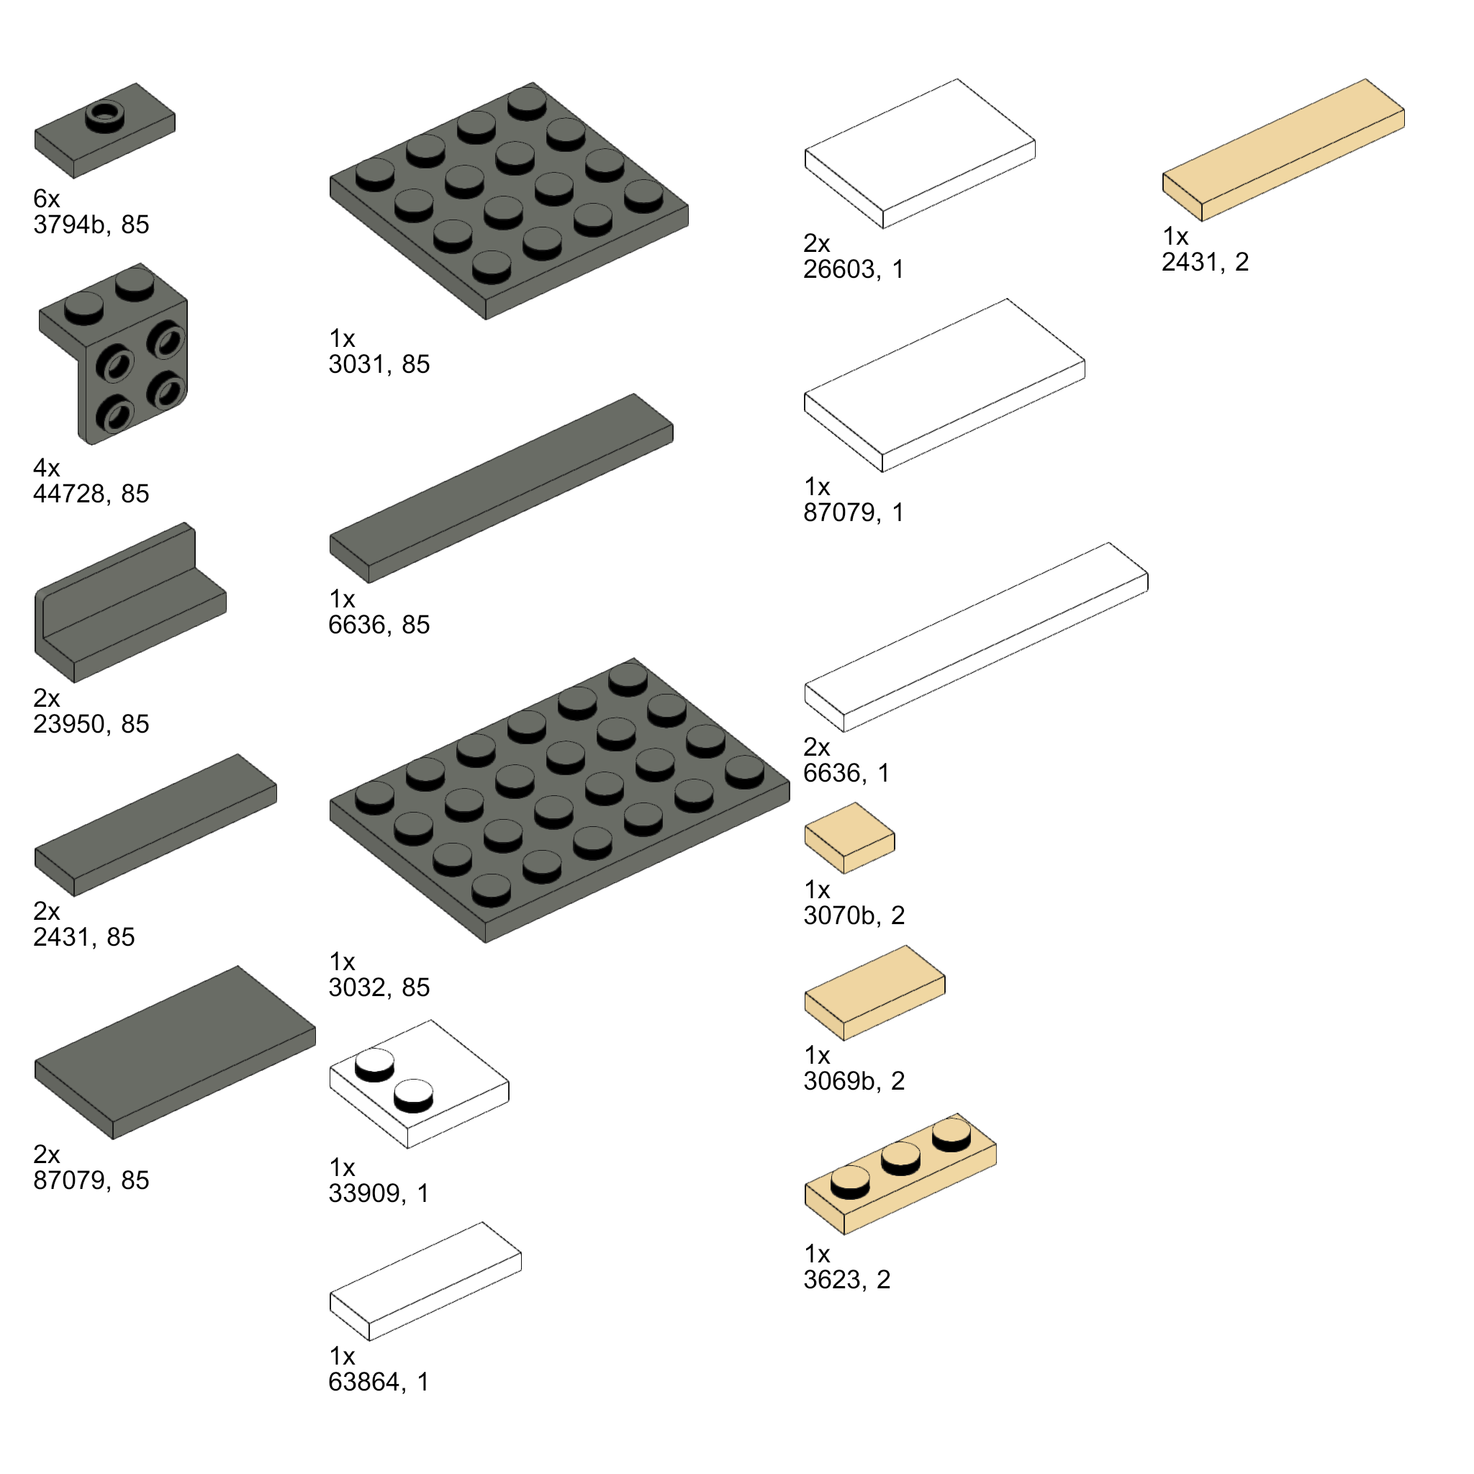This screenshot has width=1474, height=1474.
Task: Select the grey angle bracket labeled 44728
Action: point(114,355)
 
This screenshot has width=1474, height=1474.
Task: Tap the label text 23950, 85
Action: point(91,724)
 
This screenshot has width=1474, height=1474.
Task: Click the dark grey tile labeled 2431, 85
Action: point(155,825)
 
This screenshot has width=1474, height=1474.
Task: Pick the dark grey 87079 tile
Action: point(175,1053)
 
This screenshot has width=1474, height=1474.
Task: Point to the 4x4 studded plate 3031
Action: point(509,201)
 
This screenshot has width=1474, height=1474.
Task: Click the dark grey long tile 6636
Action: point(501,488)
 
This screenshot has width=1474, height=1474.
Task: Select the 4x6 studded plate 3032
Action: point(559,800)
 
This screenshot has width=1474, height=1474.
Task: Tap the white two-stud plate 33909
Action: point(419,1084)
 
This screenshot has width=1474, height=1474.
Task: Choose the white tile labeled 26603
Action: point(920,153)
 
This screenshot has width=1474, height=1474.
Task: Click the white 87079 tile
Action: point(944,385)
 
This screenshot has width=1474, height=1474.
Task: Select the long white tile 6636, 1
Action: point(977,637)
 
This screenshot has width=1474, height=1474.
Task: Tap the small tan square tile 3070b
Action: point(850,838)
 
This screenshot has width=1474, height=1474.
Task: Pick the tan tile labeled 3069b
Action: point(875,993)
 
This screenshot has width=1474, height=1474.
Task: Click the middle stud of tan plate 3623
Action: point(901,1157)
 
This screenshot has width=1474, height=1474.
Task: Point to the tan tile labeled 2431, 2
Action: point(1283,150)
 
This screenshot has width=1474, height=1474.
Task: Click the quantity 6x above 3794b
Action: point(47,199)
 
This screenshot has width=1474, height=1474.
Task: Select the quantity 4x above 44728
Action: point(47,468)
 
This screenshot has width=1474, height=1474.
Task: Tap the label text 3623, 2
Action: point(847,1280)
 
